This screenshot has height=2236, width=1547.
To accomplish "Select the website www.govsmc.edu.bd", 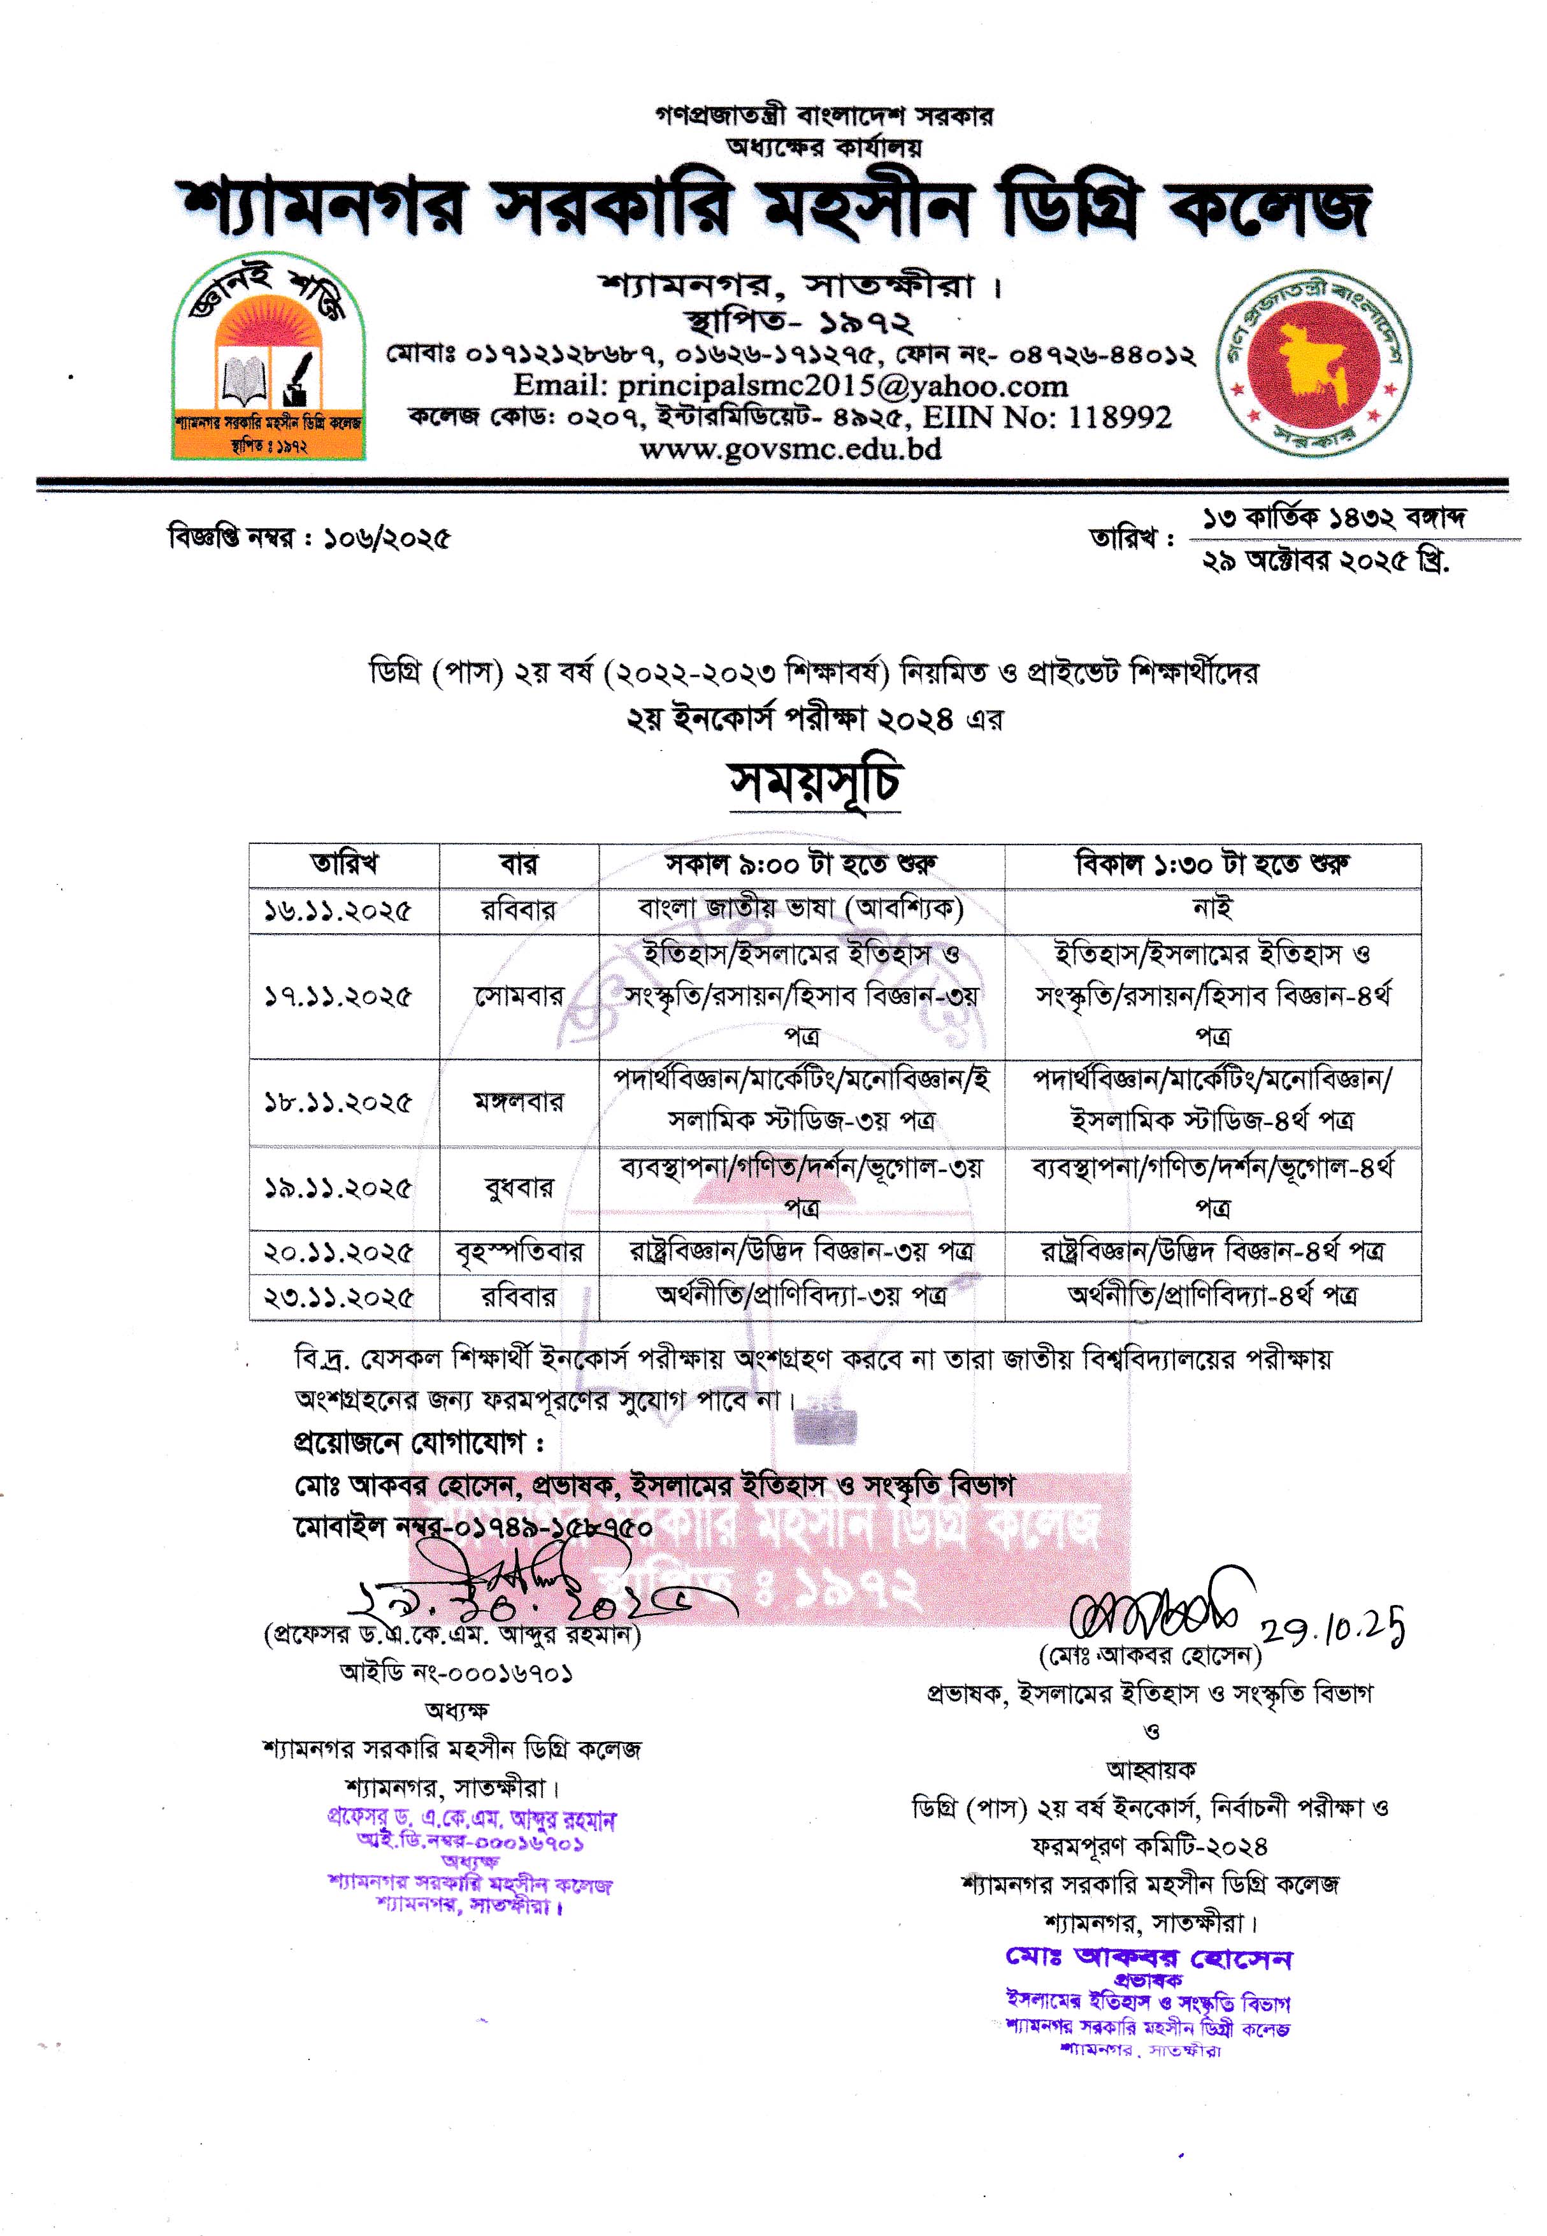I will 790,449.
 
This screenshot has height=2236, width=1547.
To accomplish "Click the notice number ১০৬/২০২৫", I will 392,538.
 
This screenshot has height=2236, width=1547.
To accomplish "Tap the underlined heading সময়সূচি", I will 815,783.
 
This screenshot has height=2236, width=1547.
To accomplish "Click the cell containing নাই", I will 1212,908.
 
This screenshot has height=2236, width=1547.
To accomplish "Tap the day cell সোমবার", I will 519,996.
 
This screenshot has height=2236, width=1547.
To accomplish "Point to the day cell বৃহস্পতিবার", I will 519,1252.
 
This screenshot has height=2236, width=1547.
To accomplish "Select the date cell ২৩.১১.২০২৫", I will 338,1297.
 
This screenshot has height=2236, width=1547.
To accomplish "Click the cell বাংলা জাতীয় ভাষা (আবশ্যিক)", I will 801,908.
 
